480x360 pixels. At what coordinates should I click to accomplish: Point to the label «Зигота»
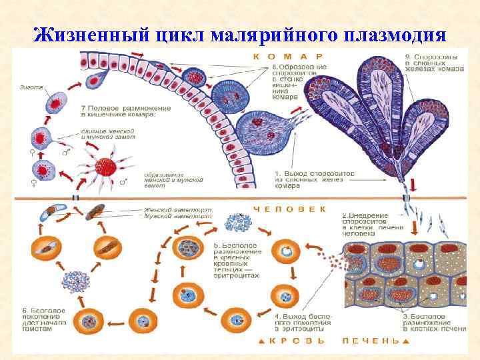click(31, 87)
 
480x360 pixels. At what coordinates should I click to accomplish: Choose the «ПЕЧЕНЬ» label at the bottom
click(370, 340)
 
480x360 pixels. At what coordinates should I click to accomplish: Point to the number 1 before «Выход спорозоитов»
click(278, 173)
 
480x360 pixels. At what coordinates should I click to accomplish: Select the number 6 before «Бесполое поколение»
click(23, 309)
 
